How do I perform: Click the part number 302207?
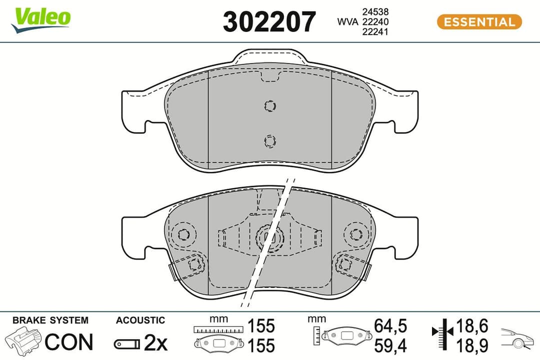coord(269,22)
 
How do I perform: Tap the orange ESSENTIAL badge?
coord(479,22)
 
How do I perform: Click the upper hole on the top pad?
coord(270,106)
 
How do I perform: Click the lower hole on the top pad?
coord(270,141)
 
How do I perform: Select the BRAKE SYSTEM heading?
coord(50,320)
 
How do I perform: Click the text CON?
coord(69,341)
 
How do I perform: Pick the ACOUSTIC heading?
coord(140,320)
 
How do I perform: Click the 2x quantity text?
coord(155,342)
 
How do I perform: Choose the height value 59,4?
coord(390,345)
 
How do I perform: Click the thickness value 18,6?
coord(471,326)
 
